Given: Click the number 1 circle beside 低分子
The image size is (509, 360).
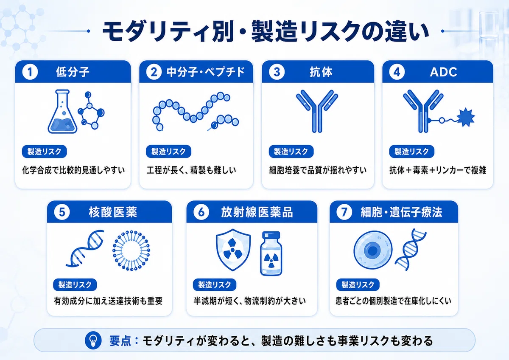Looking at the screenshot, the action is point(30,72).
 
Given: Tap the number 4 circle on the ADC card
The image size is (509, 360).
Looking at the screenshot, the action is point(397,72).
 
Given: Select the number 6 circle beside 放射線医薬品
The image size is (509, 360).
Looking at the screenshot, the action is point(201,212).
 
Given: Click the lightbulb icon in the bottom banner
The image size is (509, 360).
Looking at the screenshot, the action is point(93,340).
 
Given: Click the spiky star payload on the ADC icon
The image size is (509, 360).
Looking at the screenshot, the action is point(466,117).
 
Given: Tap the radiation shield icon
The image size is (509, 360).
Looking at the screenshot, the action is point(233,250).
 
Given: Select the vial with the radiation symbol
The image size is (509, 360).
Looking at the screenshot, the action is point(271,253).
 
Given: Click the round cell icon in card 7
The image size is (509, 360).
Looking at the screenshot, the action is point(373,250).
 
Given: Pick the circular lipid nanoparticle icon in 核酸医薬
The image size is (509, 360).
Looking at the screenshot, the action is point(131,250).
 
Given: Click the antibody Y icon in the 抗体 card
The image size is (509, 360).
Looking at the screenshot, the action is point(317,111).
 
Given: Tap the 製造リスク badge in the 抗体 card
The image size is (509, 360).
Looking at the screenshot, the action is point(291,152).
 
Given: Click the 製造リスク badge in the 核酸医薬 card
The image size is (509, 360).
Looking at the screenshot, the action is point(75,285).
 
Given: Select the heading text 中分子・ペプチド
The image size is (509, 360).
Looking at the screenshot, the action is point(206,72).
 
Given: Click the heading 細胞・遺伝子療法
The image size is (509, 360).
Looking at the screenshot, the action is point(401,212).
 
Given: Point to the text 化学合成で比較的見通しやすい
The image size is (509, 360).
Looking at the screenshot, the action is point(73,170).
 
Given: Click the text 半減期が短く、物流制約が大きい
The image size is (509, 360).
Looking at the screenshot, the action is point(250,301).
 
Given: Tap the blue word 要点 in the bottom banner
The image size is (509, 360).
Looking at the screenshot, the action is point(120,340).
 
